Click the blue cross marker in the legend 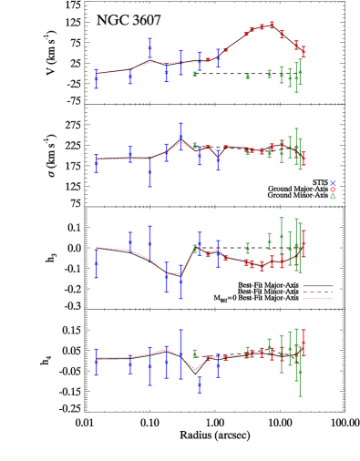pos(333,183)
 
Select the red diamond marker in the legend pos(333,190)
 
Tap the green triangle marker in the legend pos(333,196)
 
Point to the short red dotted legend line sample pos(318,298)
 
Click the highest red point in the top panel pos(272,25)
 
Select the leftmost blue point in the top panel pos(96,78)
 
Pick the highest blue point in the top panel pos(150,47)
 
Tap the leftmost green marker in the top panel pos(194,74)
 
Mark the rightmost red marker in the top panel pos(303,51)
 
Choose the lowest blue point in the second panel pos(150,171)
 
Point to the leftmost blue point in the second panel pos(96,164)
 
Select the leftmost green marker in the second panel pos(194,146)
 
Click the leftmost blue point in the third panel pos(96,262)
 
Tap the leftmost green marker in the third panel pos(194,248)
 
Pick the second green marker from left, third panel pos(247,248)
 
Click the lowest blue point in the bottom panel pos(200,384)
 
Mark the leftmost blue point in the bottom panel pos(96,362)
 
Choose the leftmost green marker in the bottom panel pos(194,353)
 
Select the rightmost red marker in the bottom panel pos(303,343)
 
